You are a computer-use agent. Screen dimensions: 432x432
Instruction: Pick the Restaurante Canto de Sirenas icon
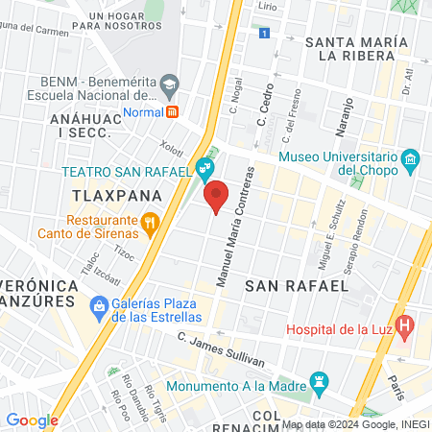coord(149,225)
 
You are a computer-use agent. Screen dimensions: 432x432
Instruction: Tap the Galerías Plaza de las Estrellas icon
coord(98,307)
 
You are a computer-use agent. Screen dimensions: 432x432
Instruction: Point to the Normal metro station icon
coord(172,110)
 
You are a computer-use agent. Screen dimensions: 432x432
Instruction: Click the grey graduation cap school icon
coord(169,84)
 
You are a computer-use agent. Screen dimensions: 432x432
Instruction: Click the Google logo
coord(32,420)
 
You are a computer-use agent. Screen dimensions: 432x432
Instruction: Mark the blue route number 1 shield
coord(264,34)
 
